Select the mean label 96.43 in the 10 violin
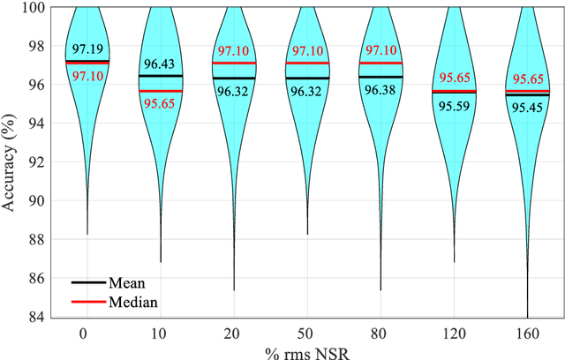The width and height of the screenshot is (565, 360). coord(160,65)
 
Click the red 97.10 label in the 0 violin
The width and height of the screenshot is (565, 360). coord(87,77)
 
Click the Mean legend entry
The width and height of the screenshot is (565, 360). coord(127,284)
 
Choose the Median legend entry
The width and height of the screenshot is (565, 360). coord(133,303)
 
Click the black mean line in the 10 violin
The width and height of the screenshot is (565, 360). coord(160,76)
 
